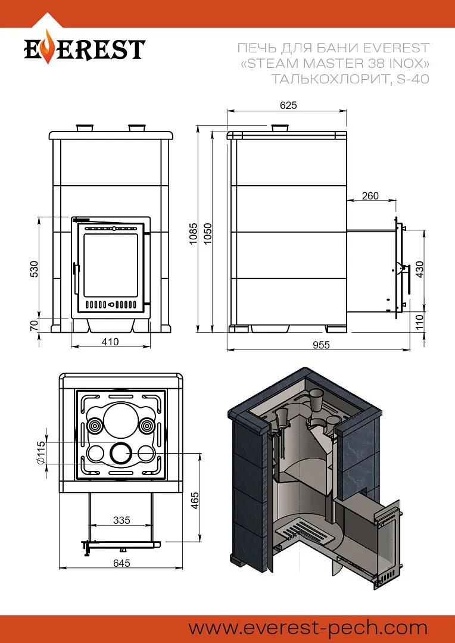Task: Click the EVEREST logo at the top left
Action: point(84,49)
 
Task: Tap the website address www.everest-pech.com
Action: point(308,628)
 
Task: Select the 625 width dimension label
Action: point(288,105)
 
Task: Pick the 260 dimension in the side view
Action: point(370,196)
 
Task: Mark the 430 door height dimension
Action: point(419,270)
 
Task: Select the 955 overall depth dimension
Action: point(320,345)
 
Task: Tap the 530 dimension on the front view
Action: point(35,269)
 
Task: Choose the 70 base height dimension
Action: point(35,325)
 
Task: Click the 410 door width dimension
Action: point(110,342)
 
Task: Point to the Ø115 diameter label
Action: point(40,453)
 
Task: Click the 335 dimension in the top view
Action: point(121,520)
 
